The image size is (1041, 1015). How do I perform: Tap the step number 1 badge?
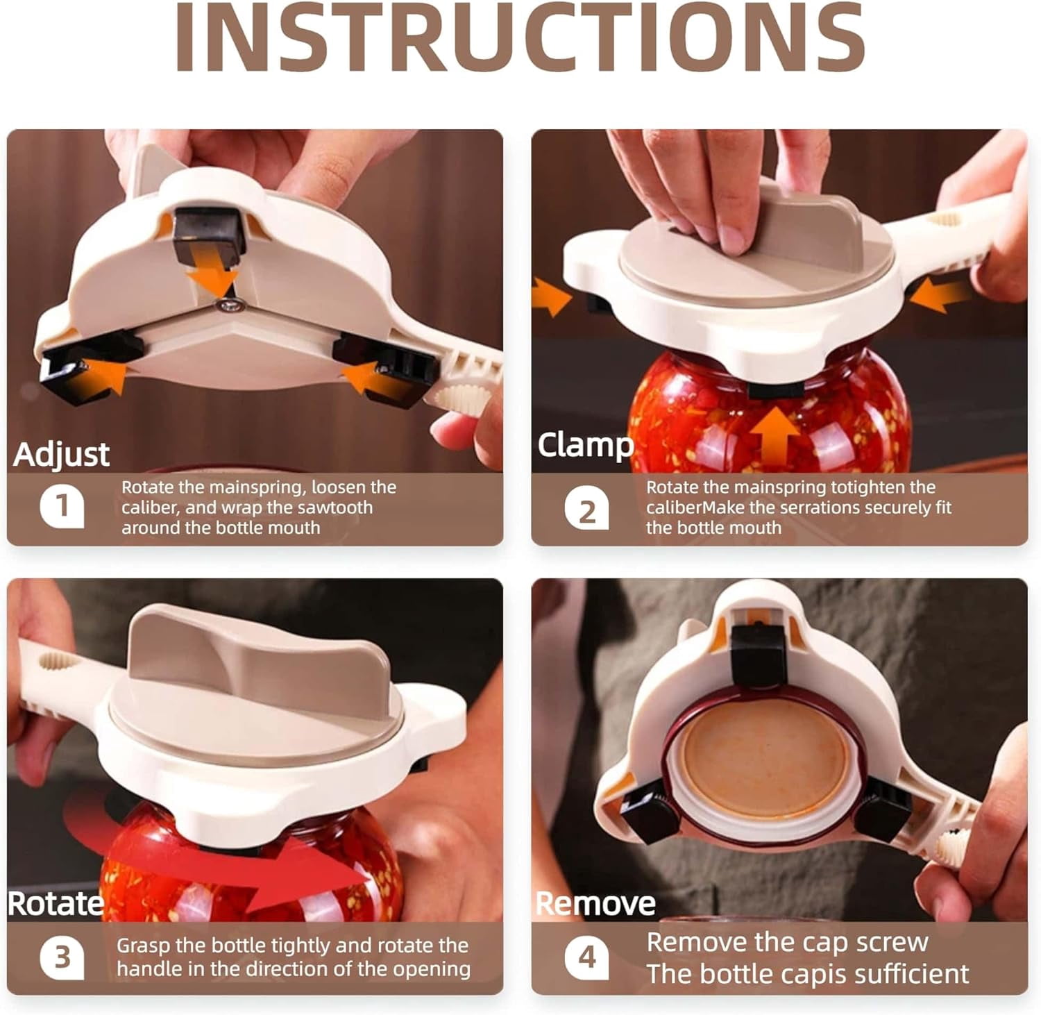(62, 506)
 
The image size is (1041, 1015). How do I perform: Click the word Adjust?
(62, 455)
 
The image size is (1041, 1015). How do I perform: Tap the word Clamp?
(586, 446)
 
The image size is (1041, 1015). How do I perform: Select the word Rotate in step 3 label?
(56, 904)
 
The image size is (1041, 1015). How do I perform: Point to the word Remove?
(596, 904)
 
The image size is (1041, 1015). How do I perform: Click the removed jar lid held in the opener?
(763, 764)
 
